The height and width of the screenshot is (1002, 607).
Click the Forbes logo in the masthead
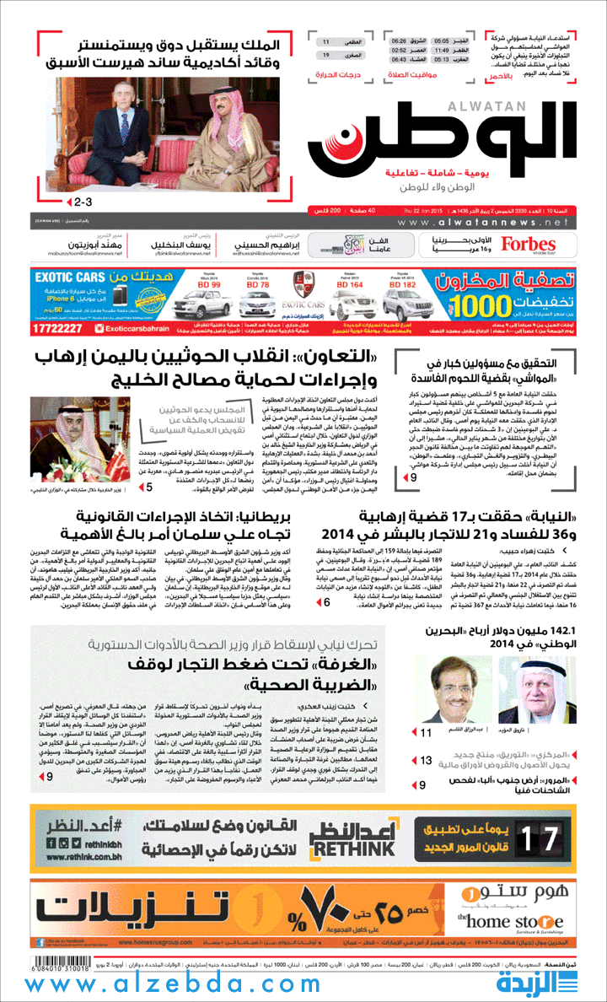[529, 244]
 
